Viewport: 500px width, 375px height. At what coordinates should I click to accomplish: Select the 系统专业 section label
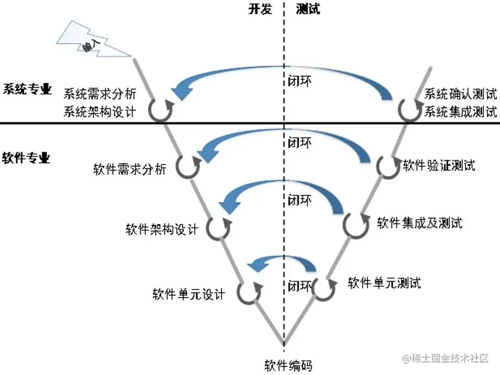click(27, 89)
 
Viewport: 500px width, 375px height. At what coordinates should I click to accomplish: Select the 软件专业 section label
click(27, 158)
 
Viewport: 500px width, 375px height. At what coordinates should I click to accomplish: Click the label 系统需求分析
click(100, 93)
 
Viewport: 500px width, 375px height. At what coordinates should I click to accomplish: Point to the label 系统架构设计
click(100, 112)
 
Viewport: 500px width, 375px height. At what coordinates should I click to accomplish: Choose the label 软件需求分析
click(130, 169)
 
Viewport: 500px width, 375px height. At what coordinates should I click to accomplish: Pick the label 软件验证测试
click(439, 165)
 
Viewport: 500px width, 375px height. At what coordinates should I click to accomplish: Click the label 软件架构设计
click(162, 229)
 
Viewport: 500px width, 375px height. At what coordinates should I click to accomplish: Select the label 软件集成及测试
click(419, 222)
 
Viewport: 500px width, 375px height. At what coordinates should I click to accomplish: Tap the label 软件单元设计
click(188, 294)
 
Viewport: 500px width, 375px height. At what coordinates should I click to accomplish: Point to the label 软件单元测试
click(384, 282)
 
